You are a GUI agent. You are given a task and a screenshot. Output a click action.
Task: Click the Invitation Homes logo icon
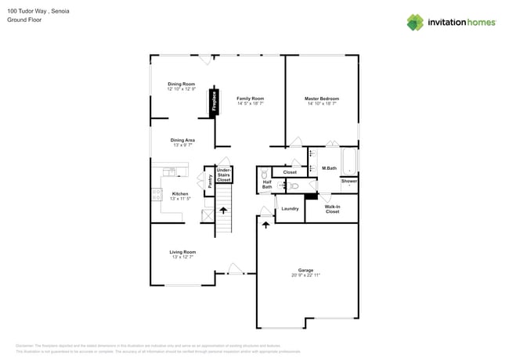[x=415, y=22]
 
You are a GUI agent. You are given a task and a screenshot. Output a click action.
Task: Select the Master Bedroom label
[x=322, y=99]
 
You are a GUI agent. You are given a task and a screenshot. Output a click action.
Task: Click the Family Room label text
[x=251, y=99]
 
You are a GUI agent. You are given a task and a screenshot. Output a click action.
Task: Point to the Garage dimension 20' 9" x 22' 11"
[x=305, y=275]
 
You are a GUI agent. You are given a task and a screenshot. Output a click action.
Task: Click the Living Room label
[x=182, y=252]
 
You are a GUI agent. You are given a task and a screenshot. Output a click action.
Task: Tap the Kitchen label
[x=180, y=193]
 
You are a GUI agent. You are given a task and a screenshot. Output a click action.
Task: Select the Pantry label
[x=210, y=181]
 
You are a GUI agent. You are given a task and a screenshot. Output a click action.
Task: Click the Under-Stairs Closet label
[x=224, y=175]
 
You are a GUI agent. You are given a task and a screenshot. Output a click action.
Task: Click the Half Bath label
[x=267, y=185]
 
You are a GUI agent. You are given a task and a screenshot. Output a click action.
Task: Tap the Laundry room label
[x=290, y=209]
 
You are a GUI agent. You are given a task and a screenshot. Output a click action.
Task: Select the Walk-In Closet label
[x=333, y=209]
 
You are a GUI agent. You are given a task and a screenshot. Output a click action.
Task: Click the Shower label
[x=349, y=181]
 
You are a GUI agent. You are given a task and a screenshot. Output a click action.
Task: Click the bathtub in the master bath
[x=349, y=160]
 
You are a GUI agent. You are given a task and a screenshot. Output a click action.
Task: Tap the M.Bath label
[x=329, y=168]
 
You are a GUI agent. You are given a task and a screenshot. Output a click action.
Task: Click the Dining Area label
[x=182, y=140]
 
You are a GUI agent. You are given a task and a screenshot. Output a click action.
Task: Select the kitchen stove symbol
[x=157, y=194]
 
